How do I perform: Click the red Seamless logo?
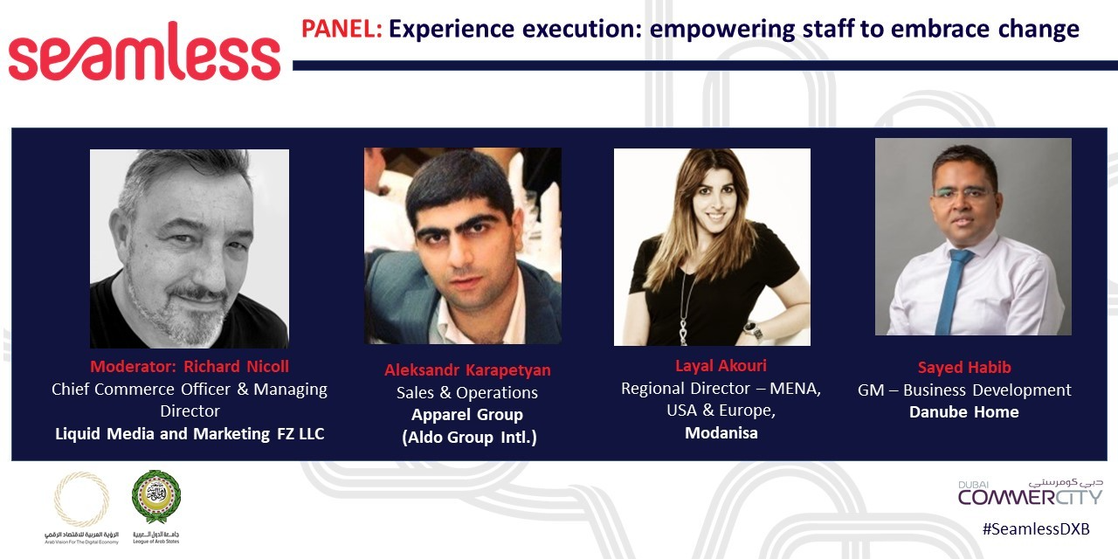point(144,52)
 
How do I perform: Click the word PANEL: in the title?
point(342,30)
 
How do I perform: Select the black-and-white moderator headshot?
point(190,248)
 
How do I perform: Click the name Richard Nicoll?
point(236,366)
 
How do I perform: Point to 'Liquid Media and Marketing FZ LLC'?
point(190,433)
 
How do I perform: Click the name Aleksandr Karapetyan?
point(467,369)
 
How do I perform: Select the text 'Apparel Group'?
point(467,414)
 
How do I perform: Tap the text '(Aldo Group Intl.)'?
point(469,437)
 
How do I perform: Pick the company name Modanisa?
point(721,432)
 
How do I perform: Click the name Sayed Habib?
point(964,367)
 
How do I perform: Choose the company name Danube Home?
point(964,411)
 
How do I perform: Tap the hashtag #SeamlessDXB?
point(1035,529)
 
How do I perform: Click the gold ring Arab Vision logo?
point(81,499)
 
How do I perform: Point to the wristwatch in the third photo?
point(750,329)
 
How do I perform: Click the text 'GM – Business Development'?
point(964,390)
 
